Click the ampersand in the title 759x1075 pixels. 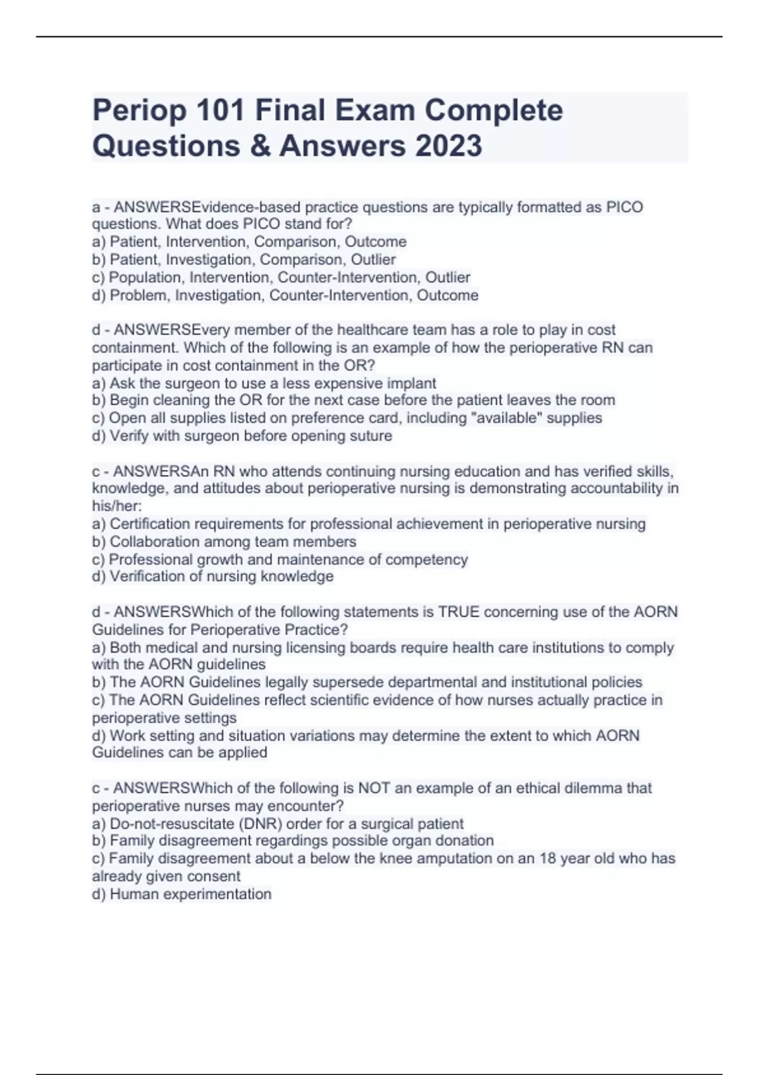tap(259, 145)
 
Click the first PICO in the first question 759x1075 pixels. tap(624, 207)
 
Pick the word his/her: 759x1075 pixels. tap(117, 506)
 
